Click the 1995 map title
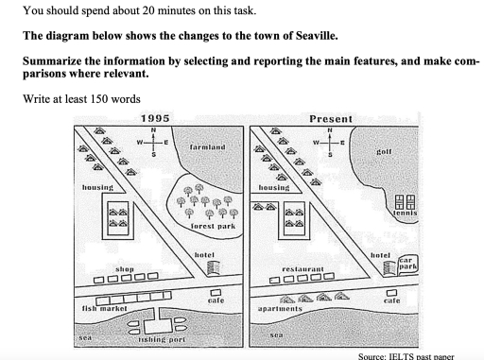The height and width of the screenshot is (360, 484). (x=154, y=118)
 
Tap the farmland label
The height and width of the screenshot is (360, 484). (x=207, y=149)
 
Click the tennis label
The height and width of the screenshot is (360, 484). (x=405, y=213)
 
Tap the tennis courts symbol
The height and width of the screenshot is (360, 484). (x=405, y=199)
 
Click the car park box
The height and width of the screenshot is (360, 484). (x=407, y=265)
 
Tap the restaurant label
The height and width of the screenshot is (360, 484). (x=303, y=268)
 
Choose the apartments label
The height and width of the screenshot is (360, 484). (x=281, y=309)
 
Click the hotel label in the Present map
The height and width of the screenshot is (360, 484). (x=381, y=255)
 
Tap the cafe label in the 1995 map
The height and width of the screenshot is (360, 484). (x=216, y=300)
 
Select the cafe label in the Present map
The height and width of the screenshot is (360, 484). (x=391, y=300)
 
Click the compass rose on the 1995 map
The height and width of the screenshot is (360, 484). (x=154, y=143)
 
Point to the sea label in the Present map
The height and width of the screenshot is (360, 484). (x=277, y=334)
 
